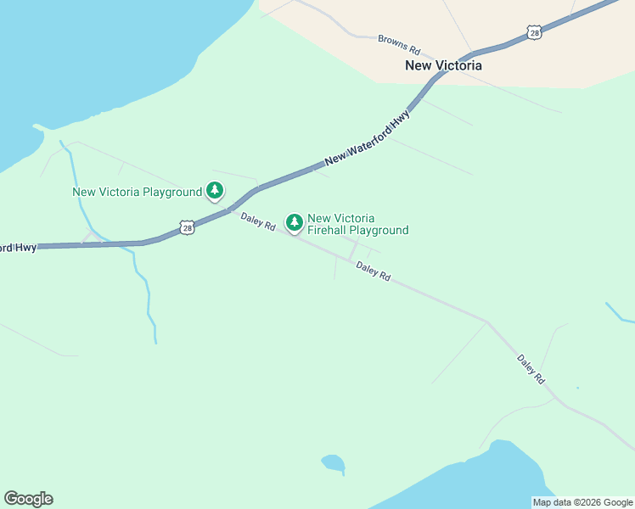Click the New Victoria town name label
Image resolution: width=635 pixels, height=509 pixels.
(443, 65)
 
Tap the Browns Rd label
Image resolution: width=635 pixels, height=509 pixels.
(399, 40)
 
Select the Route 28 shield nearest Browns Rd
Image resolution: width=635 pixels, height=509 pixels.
(533, 32)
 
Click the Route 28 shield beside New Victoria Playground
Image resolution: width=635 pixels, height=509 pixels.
(187, 227)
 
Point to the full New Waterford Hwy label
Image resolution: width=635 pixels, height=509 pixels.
(367, 137)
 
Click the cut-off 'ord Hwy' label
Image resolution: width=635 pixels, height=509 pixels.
(18, 248)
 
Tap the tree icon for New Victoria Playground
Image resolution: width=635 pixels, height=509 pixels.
(216, 192)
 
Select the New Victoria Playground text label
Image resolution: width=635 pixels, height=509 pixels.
(137, 192)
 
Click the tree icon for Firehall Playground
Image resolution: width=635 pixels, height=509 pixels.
(295, 223)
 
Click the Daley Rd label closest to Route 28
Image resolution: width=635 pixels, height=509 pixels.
(257, 222)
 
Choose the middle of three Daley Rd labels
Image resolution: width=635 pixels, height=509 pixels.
(373, 271)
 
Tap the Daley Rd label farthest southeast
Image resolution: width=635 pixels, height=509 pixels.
(531, 370)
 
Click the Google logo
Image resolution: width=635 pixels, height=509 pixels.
(28, 499)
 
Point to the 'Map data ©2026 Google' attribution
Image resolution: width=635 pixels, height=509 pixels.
(582, 502)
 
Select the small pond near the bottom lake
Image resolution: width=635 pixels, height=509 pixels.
(333, 462)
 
